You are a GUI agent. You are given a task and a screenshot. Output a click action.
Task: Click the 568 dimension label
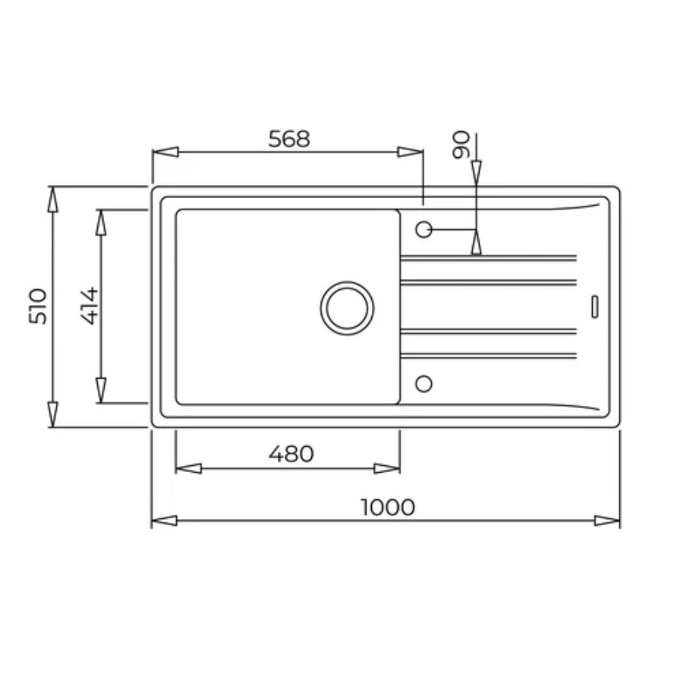(289, 139)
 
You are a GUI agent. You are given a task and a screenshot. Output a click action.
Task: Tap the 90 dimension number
(461, 145)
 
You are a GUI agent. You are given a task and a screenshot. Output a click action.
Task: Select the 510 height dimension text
(37, 307)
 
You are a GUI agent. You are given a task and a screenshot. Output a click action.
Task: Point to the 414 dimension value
(90, 306)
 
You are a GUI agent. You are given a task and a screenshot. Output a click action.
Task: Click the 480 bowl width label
(291, 454)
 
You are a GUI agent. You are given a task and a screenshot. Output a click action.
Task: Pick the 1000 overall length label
(388, 507)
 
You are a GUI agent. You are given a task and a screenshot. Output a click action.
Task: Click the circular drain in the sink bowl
(347, 308)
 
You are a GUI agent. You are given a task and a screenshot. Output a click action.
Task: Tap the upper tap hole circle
(423, 229)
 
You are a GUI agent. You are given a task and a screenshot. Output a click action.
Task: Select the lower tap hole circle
(423, 384)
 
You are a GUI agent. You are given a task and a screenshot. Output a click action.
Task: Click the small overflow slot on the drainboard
(594, 307)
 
